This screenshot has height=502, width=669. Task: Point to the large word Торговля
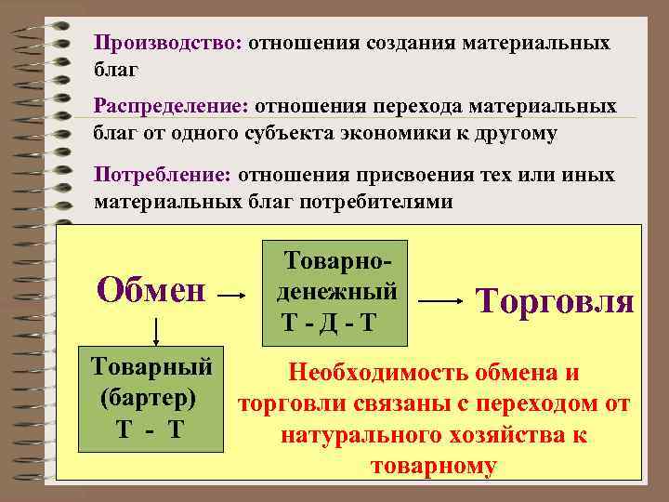[x=555, y=301]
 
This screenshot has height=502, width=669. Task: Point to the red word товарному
[x=433, y=466]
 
